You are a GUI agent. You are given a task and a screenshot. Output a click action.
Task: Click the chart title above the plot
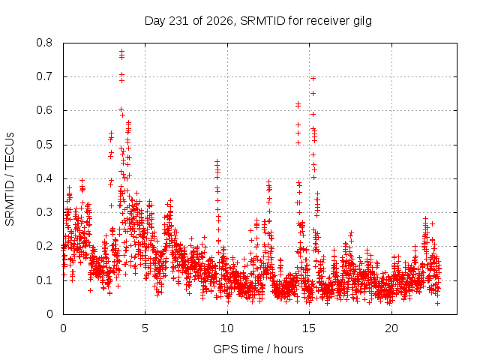(x=258, y=21)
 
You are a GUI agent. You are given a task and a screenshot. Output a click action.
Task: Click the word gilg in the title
(x=361, y=22)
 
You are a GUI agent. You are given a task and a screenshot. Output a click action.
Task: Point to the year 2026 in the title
(x=219, y=20)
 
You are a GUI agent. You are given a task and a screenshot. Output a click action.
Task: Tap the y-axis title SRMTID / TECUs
(x=10, y=179)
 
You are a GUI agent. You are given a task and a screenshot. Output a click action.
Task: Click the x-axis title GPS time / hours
(x=258, y=349)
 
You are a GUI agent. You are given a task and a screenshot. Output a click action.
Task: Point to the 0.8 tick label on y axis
(x=44, y=43)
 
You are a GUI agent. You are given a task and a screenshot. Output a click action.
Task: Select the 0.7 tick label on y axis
(x=44, y=76)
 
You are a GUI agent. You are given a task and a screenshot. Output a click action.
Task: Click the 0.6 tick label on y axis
(x=44, y=110)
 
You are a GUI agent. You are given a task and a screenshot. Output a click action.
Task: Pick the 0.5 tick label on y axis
(x=44, y=145)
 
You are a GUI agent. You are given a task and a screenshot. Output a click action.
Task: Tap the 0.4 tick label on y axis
(x=44, y=178)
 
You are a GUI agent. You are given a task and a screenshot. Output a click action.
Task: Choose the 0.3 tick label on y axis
(x=44, y=212)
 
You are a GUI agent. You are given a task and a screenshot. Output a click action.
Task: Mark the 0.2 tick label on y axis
(x=44, y=246)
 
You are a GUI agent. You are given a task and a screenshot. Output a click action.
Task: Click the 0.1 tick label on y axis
(x=44, y=280)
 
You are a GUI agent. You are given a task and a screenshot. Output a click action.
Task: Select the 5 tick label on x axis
(x=145, y=328)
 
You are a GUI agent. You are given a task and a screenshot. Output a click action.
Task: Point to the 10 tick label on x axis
(x=227, y=328)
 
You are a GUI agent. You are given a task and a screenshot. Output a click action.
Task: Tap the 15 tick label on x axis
(x=309, y=328)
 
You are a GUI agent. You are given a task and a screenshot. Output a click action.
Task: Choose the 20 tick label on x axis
(x=391, y=328)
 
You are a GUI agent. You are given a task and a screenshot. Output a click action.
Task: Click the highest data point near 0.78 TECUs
(x=121, y=51)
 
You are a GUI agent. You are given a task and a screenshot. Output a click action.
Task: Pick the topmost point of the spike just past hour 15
(x=313, y=78)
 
